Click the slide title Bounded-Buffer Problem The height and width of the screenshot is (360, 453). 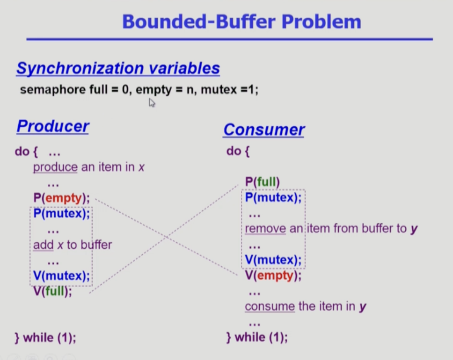(241, 22)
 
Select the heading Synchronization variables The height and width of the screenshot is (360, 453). (118, 68)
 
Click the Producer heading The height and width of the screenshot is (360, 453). (53, 126)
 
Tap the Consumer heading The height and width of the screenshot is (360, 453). (264, 130)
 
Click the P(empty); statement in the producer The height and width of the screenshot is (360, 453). (61, 198)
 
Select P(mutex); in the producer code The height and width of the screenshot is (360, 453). (61, 213)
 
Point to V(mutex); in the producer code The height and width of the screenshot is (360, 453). (61, 275)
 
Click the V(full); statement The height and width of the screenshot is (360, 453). (53, 291)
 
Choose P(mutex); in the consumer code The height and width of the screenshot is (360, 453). (273, 197)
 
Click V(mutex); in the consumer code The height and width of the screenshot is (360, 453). (273, 259)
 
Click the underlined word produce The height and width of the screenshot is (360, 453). (55, 167)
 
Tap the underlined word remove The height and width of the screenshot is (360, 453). (265, 229)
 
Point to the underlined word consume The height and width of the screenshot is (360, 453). (270, 306)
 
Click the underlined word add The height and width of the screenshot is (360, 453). (44, 244)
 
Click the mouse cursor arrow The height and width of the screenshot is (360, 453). (152, 102)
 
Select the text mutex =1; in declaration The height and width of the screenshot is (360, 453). (229, 89)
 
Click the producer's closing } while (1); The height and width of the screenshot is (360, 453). (45, 337)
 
